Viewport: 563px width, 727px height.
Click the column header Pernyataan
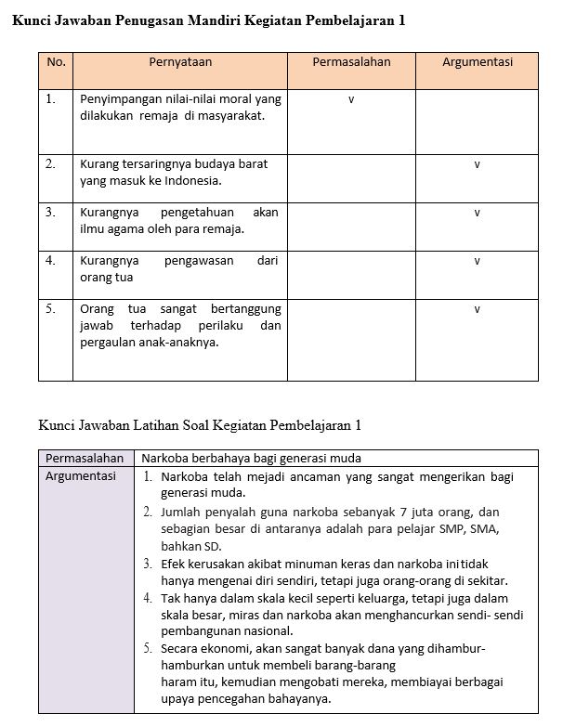[x=180, y=62]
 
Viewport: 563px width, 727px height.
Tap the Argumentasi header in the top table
[x=477, y=62]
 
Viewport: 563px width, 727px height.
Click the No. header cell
[x=56, y=62]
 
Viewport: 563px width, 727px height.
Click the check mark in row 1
[x=350, y=98]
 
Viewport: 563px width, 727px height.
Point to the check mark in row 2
[x=477, y=164]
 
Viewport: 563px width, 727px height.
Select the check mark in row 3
[x=477, y=213]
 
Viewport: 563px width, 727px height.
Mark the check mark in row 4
[x=477, y=262]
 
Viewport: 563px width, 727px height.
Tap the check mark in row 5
[x=477, y=309]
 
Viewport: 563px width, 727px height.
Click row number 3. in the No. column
[x=51, y=212]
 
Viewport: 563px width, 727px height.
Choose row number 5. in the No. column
[x=51, y=308]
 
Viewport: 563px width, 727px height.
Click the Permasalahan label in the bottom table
[x=85, y=458]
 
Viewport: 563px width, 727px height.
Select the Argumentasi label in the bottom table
[x=82, y=476]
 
